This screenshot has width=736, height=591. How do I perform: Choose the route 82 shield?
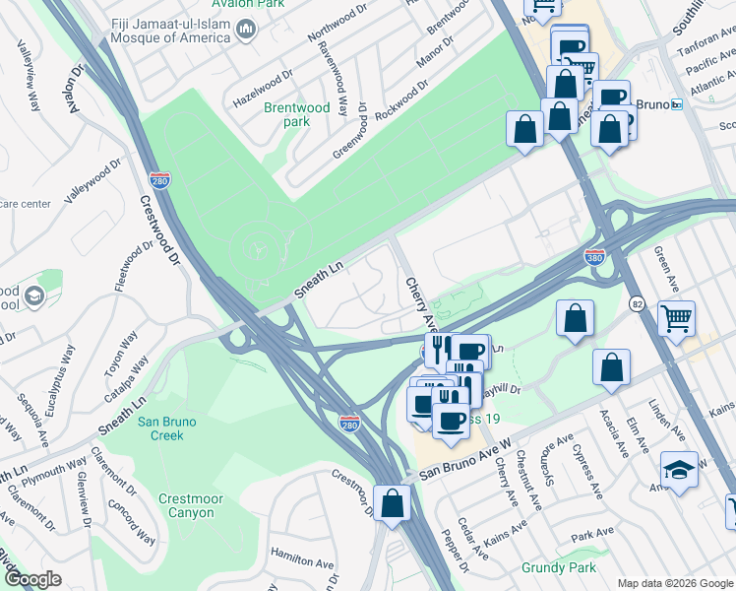pos(639,304)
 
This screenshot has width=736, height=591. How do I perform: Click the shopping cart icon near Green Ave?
pos(676,318)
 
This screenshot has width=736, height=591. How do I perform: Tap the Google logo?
pos(32,578)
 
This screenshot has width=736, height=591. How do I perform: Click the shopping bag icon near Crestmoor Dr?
pos(392,503)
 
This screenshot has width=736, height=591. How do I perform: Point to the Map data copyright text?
pos(674,583)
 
